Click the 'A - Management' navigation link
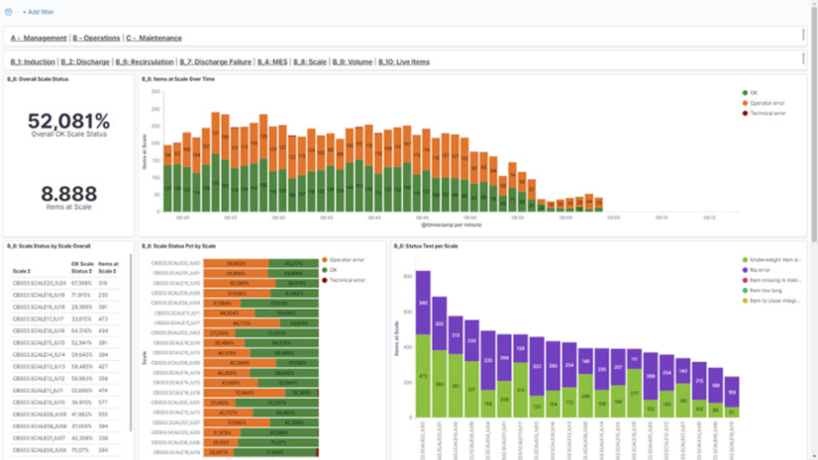click(x=39, y=38)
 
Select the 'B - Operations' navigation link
click(x=96, y=38)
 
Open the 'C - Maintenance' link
click(x=154, y=38)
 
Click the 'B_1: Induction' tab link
click(x=33, y=62)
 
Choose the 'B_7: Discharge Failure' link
click(x=215, y=62)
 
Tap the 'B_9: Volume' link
click(x=352, y=62)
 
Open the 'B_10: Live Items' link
click(x=404, y=62)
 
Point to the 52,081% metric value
click(x=69, y=121)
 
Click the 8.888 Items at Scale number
click(x=69, y=194)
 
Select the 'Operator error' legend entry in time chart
click(x=767, y=103)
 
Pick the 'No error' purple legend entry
click(x=760, y=270)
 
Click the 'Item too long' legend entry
click(x=766, y=290)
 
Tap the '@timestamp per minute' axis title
click(x=451, y=225)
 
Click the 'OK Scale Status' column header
click(x=82, y=267)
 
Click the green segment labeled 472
click(x=423, y=376)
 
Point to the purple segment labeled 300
click(x=439, y=324)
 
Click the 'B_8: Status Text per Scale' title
click(x=425, y=246)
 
